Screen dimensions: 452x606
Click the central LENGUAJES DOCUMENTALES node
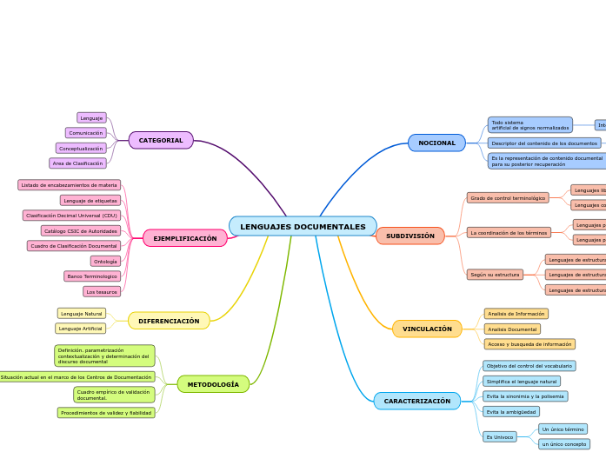(x=303, y=227)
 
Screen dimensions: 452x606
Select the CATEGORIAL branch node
(x=161, y=140)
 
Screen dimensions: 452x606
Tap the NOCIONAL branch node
(x=436, y=143)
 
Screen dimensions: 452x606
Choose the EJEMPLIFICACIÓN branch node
(x=184, y=238)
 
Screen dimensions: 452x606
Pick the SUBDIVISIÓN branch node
(x=410, y=236)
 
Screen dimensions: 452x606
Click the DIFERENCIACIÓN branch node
(x=169, y=321)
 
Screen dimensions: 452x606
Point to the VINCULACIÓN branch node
(x=427, y=329)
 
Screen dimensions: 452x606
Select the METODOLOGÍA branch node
(x=213, y=384)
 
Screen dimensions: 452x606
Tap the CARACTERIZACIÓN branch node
(x=417, y=401)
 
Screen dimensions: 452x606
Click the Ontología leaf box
(x=105, y=261)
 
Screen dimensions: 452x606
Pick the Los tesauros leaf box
(x=102, y=291)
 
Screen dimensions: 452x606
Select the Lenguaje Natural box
(x=82, y=313)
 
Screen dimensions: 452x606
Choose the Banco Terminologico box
(x=92, y=276)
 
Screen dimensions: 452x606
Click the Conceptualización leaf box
(x=81, y=149)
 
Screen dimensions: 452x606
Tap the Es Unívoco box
(x=500, y=437)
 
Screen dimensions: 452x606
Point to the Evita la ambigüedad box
(x=511, y=411)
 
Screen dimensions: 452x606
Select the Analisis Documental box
(x=512, y=329)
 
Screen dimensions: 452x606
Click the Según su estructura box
(x=495, y=275)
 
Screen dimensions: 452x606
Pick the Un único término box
(x=563, y=429)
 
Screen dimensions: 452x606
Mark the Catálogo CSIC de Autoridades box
(x=80, y=231)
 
